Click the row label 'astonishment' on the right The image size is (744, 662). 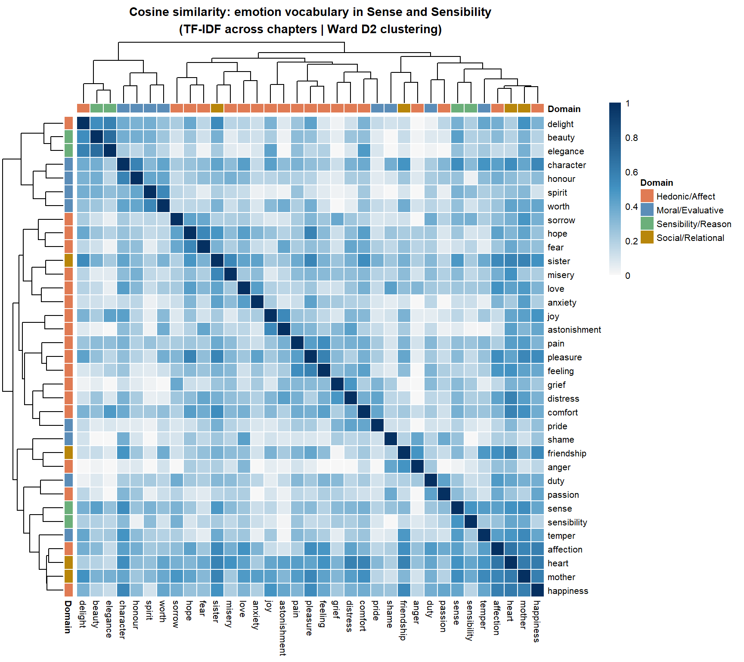[x=574, y=330]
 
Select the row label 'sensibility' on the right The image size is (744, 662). [x=567, y=522]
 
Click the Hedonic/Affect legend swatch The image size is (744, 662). [x=647, y=196]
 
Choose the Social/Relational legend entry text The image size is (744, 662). [x=690, y=238]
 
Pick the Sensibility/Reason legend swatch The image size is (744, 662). [x=647, y=224]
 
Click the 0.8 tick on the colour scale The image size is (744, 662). [x=631, y=138]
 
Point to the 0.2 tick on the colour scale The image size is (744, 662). [x=631, y=241]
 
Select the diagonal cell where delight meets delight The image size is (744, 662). [x=84, y=123]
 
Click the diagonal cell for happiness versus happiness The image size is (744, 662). [x=537, y=590]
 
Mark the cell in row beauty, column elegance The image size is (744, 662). [x=110, y=137]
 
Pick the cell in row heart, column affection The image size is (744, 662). [x=497, y=563]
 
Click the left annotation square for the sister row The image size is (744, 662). [x=69, y=261]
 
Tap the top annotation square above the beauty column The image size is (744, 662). [x=97, y=108]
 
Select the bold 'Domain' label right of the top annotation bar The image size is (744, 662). [x=564, y=109]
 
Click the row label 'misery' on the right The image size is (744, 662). [x=561, y=275]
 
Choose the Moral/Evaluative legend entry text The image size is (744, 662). [x=690, y=210]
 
